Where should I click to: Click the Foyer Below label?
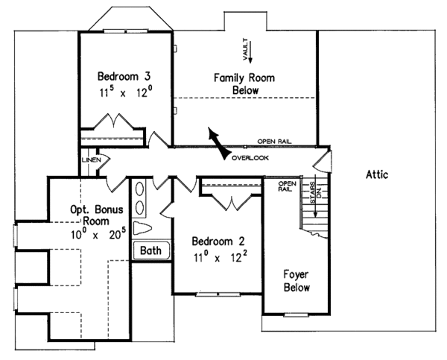(x=296, y=280)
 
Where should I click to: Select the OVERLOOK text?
(x=250, y=158)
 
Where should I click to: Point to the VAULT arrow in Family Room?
(x=251, y=51)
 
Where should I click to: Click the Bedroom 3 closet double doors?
(x=112, y=122)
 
